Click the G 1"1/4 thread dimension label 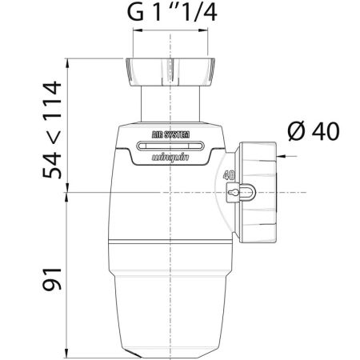[x=172, y=12]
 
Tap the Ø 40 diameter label [x=314, y=131]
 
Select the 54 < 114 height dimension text [x=52, y=130]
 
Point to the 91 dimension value [x=52, y=279]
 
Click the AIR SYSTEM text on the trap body [x=170, y=134]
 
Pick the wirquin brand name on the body [x=170, y=158]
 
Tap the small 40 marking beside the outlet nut [x=229, y=175]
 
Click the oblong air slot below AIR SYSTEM [x=170, y=146]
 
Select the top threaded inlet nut [x=170, y=72]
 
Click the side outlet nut [x=258, y=192]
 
